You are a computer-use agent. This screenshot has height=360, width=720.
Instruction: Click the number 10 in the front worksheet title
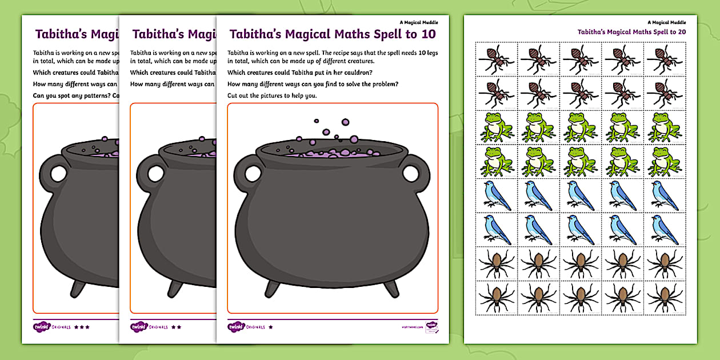point(428,34)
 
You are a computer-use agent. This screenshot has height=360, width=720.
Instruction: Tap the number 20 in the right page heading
point(680,32)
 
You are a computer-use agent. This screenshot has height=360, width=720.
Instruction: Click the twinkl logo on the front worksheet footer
point(237,327)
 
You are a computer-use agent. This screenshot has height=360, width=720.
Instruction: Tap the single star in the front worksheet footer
point(270,327)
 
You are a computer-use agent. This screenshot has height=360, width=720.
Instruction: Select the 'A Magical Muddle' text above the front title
point(421,22)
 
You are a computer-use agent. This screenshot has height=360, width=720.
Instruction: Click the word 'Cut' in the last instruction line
point(233,95)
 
